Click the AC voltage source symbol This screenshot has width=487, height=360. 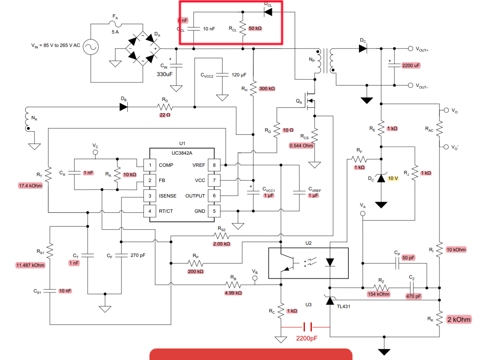click(91, 47)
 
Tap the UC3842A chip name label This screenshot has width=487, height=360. click(182, 153)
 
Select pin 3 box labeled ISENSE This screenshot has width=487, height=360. click(150, 196)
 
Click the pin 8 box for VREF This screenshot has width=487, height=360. click(214, 165)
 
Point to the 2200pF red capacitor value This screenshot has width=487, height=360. click(306, 338)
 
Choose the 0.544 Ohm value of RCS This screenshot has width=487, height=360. click(301, 146)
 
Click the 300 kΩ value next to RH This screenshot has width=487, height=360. click(267, 88)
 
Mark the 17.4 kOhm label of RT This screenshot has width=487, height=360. click(30, 186)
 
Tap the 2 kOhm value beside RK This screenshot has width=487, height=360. click(459, 320)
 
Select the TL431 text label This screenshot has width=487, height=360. click(343, 306)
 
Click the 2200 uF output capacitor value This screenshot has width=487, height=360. click(411, 65)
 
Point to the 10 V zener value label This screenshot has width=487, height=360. click(393, 178)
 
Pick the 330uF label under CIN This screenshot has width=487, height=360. click(164, 74)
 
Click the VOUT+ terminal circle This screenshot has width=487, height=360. click(410, 49)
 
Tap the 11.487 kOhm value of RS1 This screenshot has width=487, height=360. click(30, 265)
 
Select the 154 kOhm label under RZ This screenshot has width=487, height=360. click(378, 294)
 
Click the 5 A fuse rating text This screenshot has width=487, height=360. click(115, 32)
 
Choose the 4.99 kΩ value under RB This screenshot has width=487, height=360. click(233, 293)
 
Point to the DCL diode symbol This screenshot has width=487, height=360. click(268, 12)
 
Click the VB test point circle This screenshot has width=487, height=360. click(255, 278)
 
